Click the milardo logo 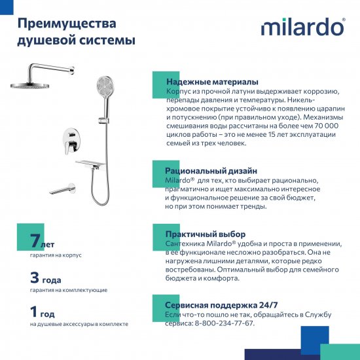click(303, 28)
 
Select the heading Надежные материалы click(211, 81)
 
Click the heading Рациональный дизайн click(211, 170)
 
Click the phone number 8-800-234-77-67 click(223, 323)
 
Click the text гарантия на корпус click(56, 255)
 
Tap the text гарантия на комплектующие click(69, 289)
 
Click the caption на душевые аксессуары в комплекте click(79, 324)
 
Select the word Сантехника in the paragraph click(188, 243)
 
